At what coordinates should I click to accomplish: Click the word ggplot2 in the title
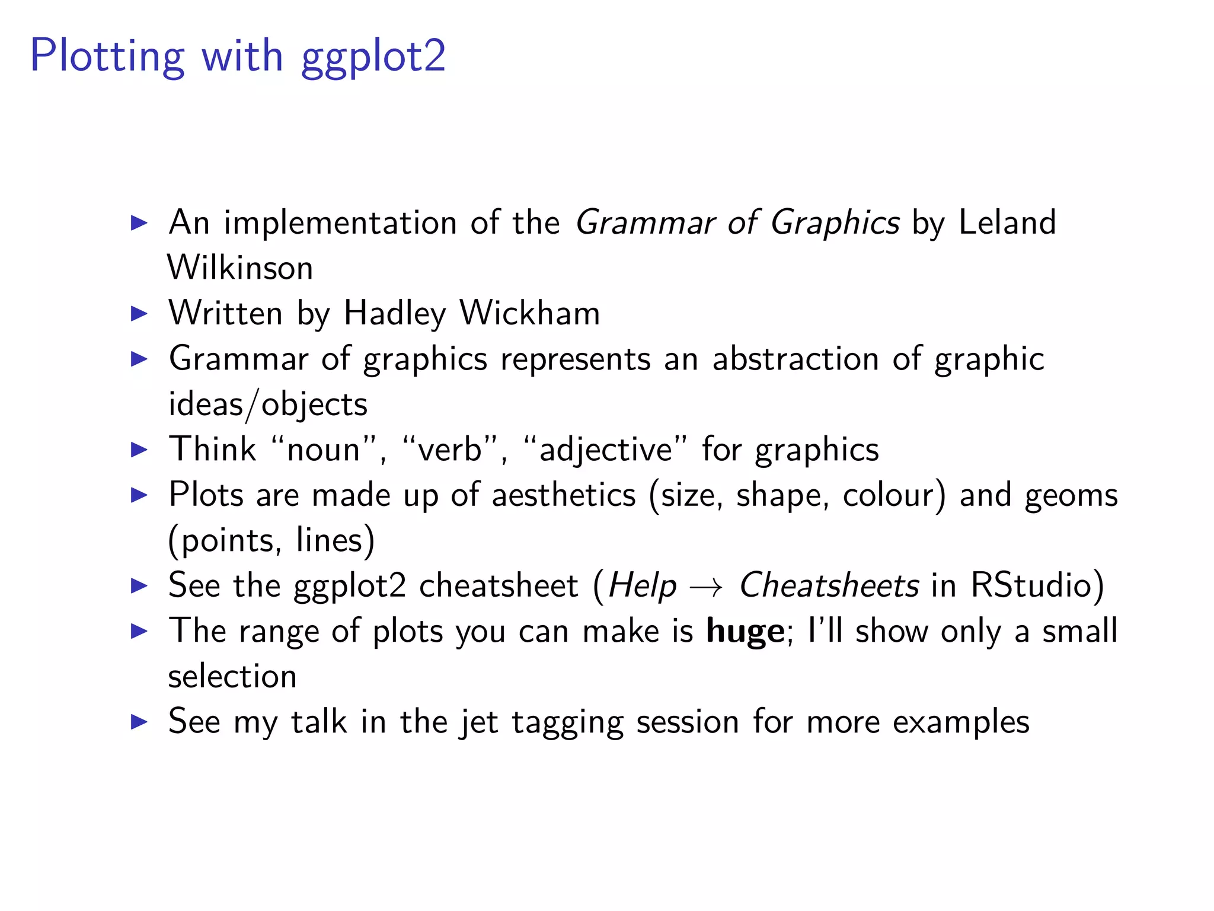tap(373, 58)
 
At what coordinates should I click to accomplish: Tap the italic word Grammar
tap(644, 223)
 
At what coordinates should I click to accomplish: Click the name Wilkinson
tap(240, 268)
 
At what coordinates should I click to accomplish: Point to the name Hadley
tap(395, 314)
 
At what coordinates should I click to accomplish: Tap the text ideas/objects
tap(268, 405)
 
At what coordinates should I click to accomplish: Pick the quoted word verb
tap(449, 450)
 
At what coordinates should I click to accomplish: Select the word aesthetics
tap(564, 495)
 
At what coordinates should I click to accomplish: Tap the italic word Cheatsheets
tap(829, 586)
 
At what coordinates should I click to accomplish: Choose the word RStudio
tap(1031, 586)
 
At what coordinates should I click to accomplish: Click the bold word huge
tap(745, 632)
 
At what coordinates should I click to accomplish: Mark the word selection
tap(232, 677)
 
